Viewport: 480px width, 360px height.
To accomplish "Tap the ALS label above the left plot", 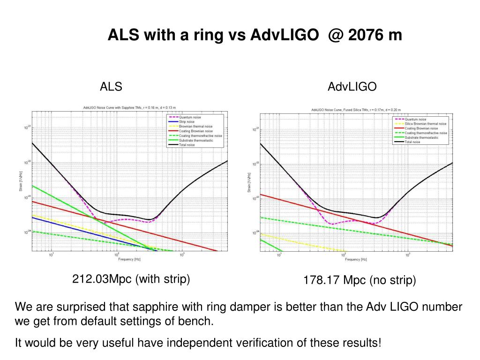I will click(111, 87).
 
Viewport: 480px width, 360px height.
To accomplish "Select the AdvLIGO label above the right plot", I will click(352, 87).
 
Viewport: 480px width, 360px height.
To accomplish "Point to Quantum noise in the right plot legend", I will click(416, 120).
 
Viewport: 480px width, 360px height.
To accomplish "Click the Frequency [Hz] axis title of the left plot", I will click(129, 259).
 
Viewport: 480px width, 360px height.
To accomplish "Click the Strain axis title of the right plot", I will click(248, 182).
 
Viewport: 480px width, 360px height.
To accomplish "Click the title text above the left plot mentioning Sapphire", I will click(129, 107).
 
